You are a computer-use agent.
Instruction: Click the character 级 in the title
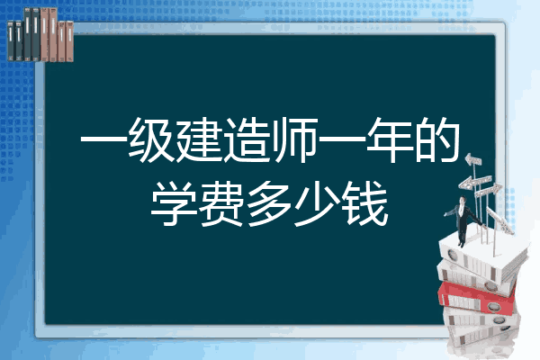point(151,139)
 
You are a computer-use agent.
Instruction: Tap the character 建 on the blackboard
point(199,139)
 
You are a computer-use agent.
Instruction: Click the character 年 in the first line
point(390,139)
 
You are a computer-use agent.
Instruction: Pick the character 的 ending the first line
point(437,139)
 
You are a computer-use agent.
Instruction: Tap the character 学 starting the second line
point(175,204)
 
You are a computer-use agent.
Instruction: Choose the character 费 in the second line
point(222,204)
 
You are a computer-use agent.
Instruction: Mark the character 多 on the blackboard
point(270,204)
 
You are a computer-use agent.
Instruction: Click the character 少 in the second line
point(318,204)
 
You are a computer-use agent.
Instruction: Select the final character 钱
point(365,204)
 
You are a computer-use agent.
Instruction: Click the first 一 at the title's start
point(103,140)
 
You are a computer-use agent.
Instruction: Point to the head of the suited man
point(463,200)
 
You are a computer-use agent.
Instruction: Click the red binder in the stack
point(477,298)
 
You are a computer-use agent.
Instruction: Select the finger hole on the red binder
point(494,306)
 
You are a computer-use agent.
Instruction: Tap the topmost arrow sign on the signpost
point(473,159)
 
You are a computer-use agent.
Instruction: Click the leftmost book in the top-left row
point(11,41)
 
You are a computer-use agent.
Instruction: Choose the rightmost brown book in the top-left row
point(69,41)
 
